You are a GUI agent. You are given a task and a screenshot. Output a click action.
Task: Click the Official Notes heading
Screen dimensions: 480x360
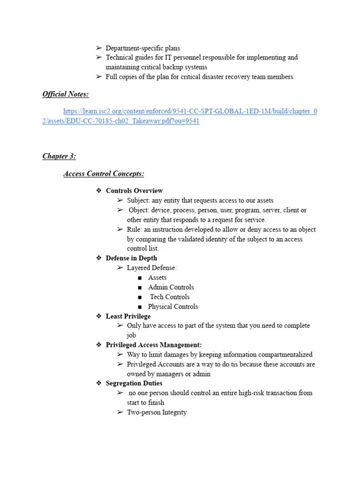click(x=65, y=94)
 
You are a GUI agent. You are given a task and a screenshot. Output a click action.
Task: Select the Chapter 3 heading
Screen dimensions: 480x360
click(x=59, y=156)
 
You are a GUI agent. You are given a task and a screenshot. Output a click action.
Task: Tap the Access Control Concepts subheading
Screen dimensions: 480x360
click(x=104, y=174)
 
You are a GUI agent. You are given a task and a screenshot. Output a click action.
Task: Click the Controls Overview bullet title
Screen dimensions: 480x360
click(x=134, y=191)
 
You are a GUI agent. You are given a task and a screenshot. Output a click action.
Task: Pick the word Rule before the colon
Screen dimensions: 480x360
click(x=134, y=230)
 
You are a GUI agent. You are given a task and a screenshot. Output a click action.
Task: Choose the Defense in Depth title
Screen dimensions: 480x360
click(x=131, y=258)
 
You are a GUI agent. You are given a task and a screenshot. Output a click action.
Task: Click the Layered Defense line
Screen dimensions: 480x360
click(x=152, y=268)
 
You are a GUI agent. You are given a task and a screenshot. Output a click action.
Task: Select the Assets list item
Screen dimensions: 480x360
click(x=157, y=277)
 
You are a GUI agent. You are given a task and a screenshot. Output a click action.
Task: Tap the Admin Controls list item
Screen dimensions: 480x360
click(x=171, y=287)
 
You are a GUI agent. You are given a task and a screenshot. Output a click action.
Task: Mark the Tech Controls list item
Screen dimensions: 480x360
click(x=170, y=297)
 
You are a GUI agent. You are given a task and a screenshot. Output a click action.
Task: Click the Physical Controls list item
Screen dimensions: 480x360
click(x=173, y=307)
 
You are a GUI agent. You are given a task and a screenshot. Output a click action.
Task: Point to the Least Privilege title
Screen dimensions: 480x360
click(x=128, y=316)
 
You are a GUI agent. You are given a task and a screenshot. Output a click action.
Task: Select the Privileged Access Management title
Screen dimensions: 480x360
click(x=154, y=345)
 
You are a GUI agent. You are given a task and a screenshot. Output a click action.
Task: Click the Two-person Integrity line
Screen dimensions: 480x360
click(x=157, y=412)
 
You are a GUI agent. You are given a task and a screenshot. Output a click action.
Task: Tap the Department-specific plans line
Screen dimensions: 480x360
click(x=142, y=48)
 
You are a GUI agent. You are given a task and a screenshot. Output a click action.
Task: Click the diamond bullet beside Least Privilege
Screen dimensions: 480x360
click(x=99, y=316)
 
